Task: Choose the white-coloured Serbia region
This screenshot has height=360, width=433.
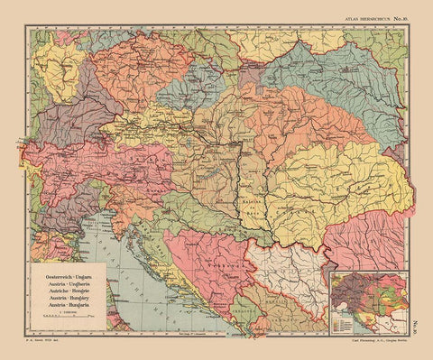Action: tap(290, 275)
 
